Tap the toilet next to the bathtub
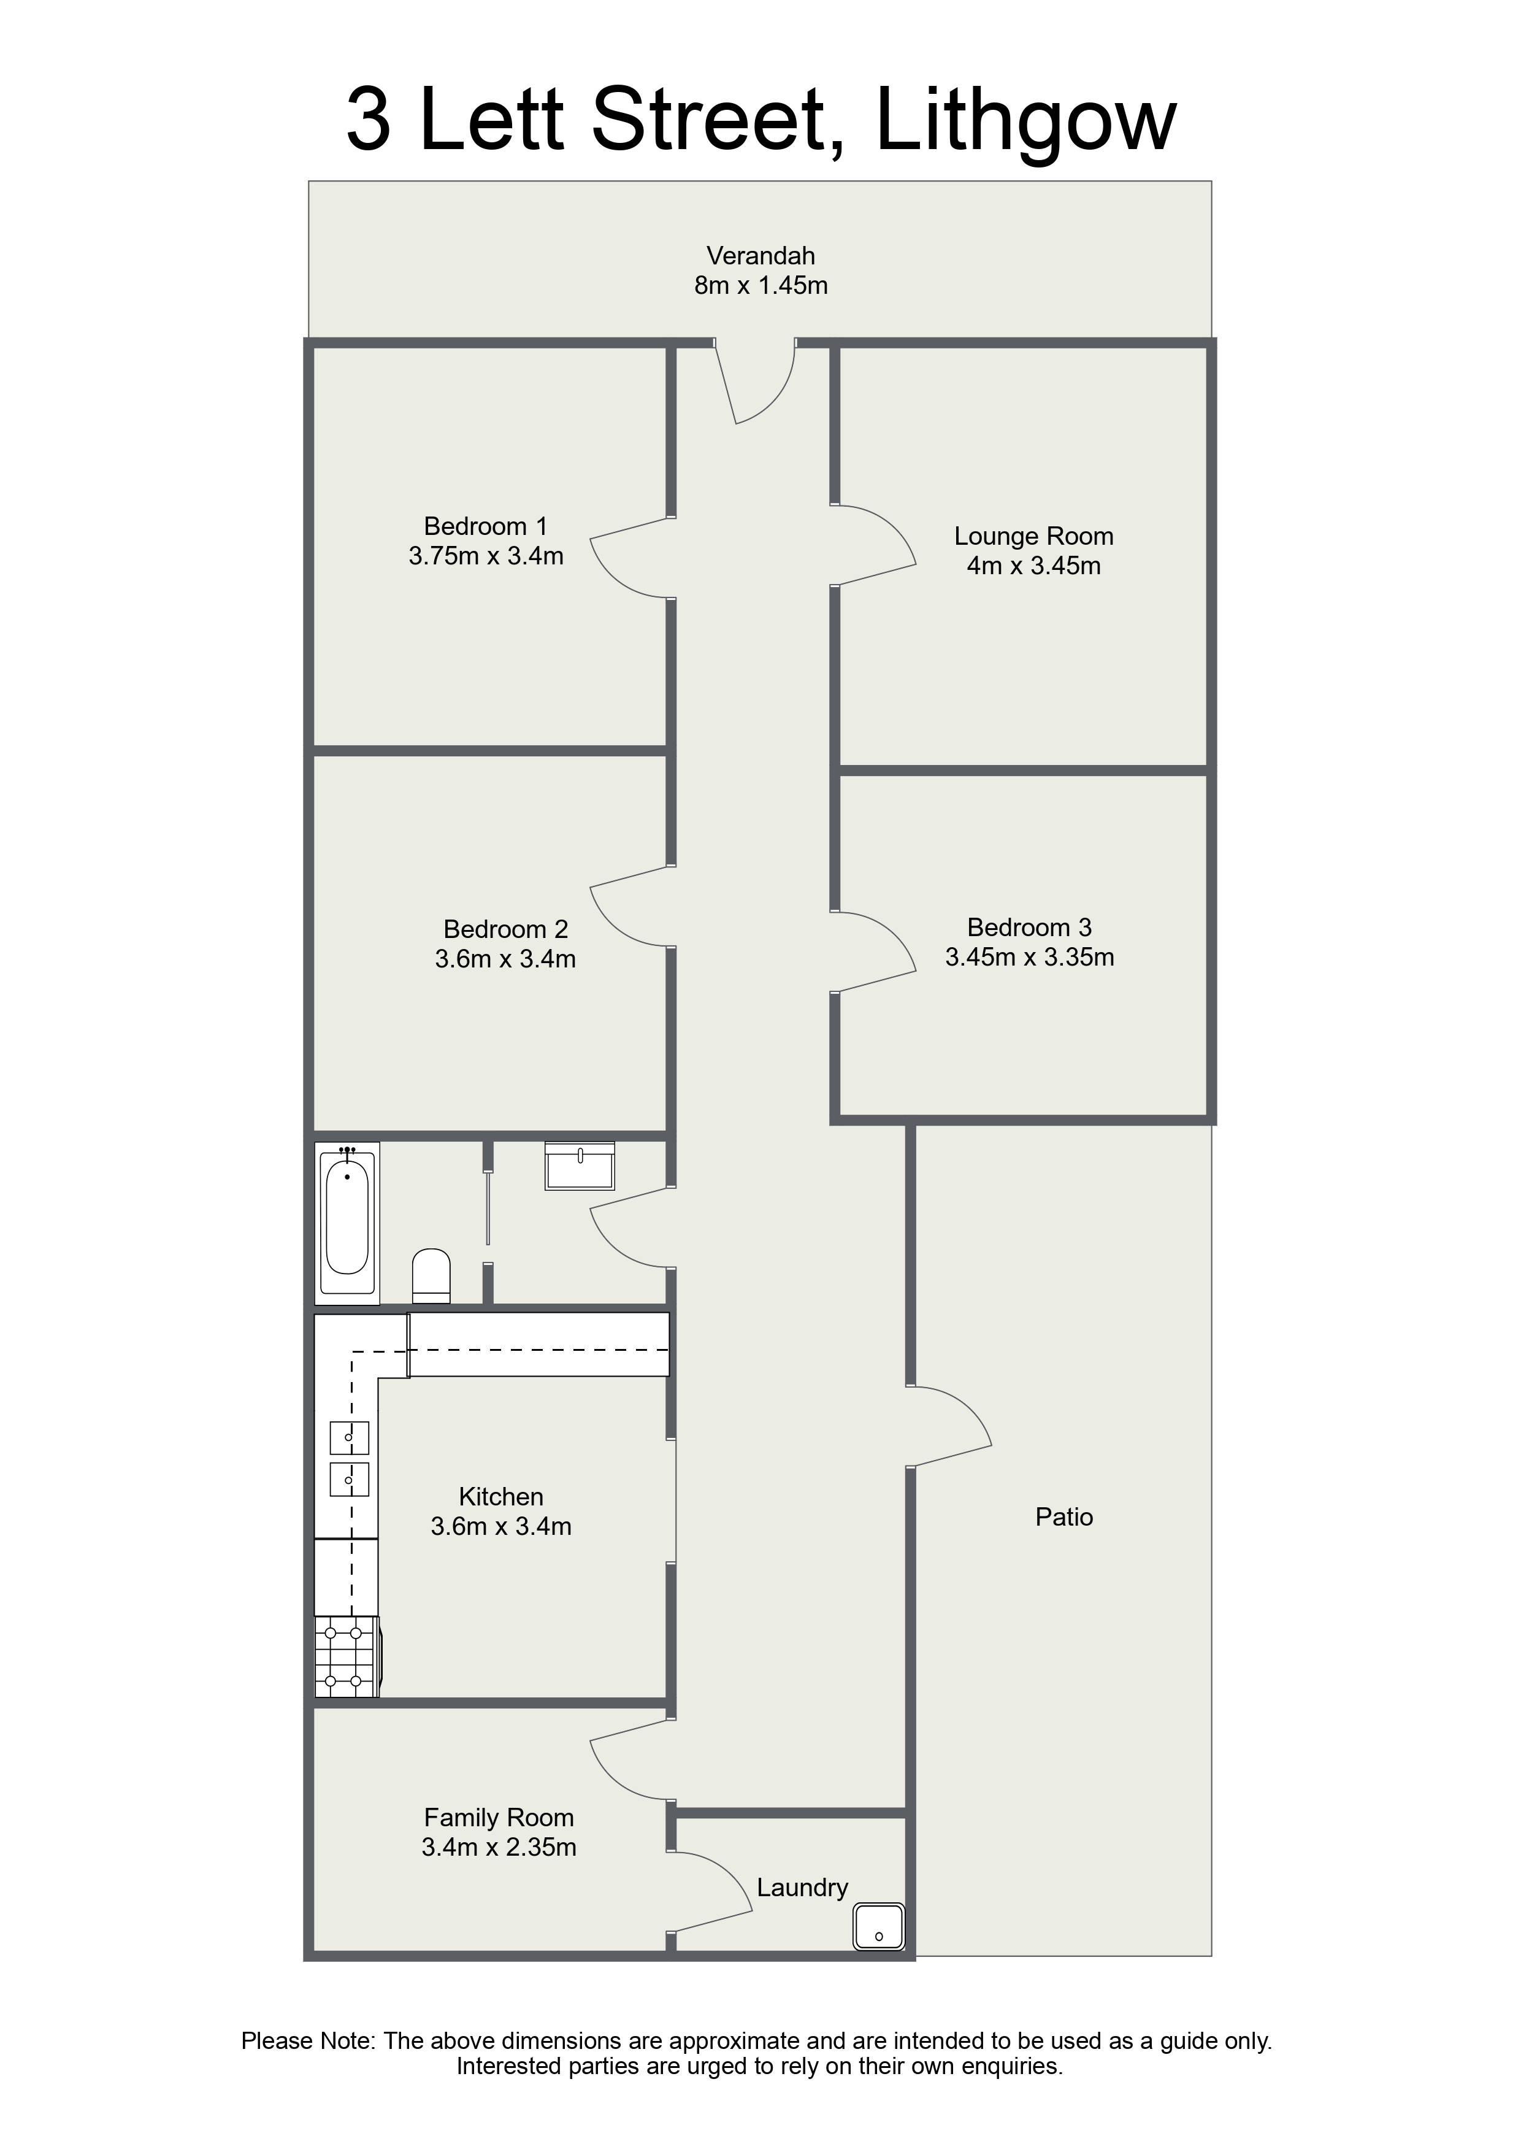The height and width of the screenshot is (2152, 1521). [x=431, y=1275]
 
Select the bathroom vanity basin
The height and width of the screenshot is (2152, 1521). [x=580, y=1166]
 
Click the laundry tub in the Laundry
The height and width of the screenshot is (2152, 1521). [x=879, y=1927]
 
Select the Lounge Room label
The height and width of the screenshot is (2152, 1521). [x=1033, y=536]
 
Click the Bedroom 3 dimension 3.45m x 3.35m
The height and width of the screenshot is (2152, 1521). [x=1029, y=957]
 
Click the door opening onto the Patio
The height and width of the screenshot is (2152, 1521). [x=948, y=1426]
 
